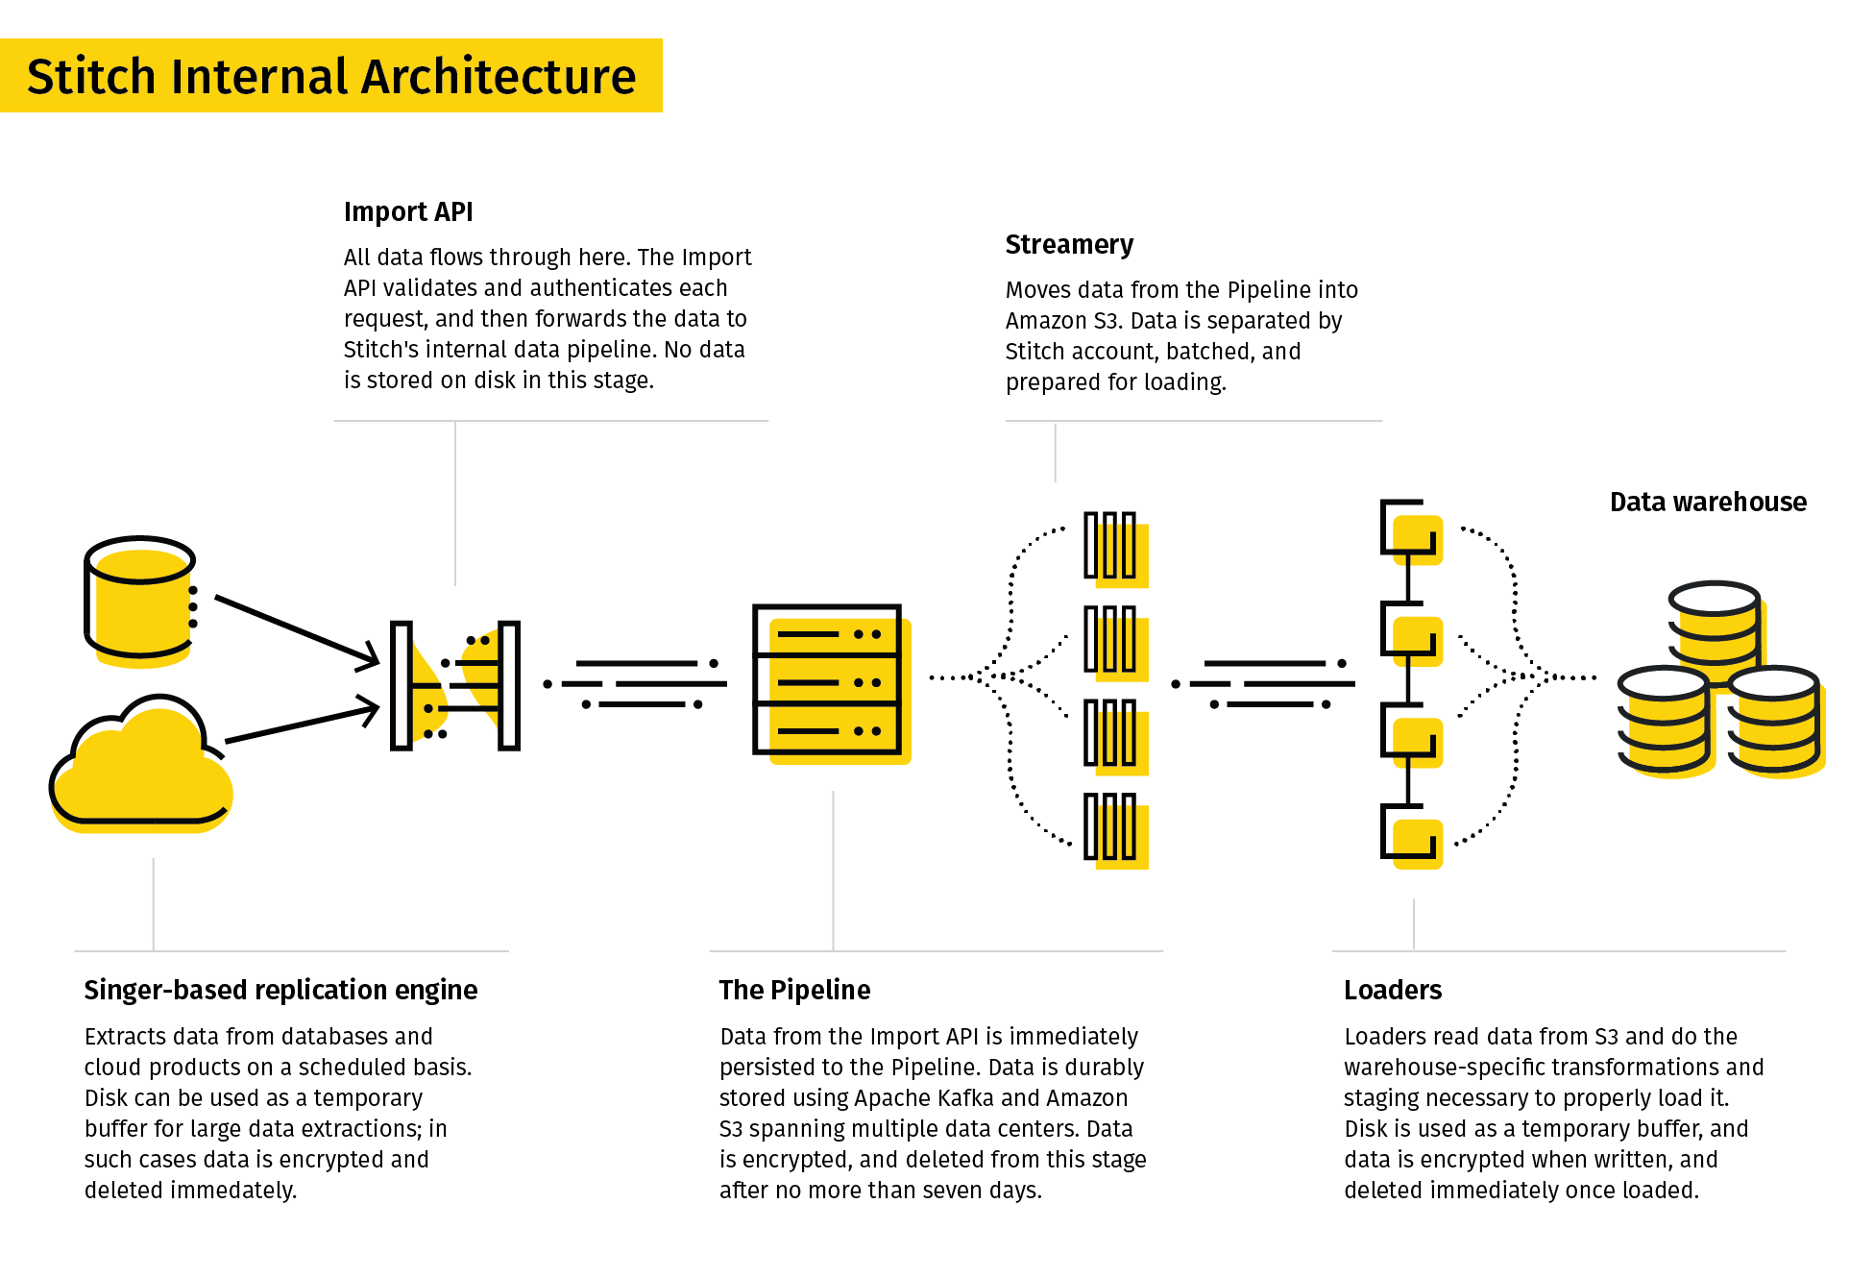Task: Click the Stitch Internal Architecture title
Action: [x=331, y=77]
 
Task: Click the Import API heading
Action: [x=408, y=211]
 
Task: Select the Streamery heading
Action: [x=1069, y=245]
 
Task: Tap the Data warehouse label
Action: [x=1708, y=502]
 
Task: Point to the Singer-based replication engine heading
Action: [x=280, y=990]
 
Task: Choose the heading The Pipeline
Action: [x=794, y=990]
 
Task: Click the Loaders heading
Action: [x=1393, y=990]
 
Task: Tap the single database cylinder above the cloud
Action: [x=140, y=602]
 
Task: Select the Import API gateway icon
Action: [x=455, y=685]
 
